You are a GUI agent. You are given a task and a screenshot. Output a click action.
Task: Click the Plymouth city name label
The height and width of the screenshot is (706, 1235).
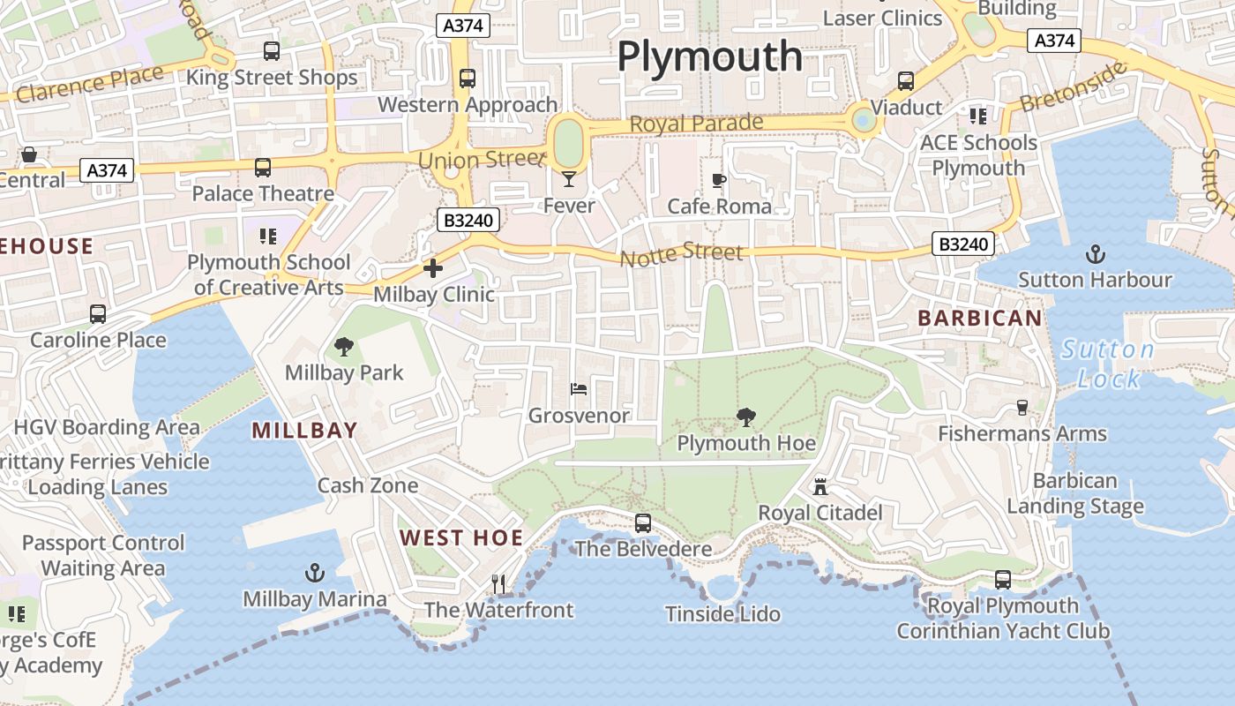(x=709, y=56)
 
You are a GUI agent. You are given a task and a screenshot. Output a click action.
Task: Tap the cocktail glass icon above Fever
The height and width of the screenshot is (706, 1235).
(x=569, y=179)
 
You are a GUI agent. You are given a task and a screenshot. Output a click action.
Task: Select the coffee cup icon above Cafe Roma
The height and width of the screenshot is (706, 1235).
(x=719, y=180)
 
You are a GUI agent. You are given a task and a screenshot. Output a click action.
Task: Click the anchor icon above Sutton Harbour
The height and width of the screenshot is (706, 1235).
(x=1095, y=255)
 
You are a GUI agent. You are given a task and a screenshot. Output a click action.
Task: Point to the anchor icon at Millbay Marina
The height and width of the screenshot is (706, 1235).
(x=315, y=574)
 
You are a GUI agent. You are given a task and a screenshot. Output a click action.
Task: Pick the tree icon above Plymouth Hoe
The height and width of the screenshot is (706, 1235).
(x=746, y=417)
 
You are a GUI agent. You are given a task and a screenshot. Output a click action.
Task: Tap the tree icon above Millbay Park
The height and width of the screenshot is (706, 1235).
(x=344, y=347)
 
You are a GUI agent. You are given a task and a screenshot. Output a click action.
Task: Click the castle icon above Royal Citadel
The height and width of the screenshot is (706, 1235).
(x=820, y=486)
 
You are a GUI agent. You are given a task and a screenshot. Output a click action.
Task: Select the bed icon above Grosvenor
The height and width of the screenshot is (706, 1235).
(x=579, y=388)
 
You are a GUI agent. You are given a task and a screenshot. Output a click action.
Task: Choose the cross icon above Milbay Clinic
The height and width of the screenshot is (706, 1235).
(x=433, y=268)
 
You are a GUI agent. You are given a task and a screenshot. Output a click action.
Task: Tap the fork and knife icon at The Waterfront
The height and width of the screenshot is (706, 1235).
(x=498, y=583)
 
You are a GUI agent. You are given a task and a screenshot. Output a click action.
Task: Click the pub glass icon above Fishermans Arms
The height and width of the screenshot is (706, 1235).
(x=1022, y=407)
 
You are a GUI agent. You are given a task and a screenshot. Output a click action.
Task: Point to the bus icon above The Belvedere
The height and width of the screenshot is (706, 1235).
(x=643, y=523)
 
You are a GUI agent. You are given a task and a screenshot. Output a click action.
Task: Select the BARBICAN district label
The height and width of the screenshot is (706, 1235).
(x=979, y=318)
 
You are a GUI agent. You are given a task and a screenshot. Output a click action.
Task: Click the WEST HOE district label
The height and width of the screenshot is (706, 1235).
(x=461, y=537)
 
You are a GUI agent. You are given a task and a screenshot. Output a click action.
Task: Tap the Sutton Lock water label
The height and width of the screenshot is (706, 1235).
(x=1108, y=364)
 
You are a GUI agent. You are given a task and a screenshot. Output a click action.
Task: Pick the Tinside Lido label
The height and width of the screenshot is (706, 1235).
(x=723, y=613)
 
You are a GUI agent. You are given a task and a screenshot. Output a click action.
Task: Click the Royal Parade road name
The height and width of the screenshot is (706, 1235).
(x=696, y=124)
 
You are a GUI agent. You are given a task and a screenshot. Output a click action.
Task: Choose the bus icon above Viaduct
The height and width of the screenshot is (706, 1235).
(x=906, y=81)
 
